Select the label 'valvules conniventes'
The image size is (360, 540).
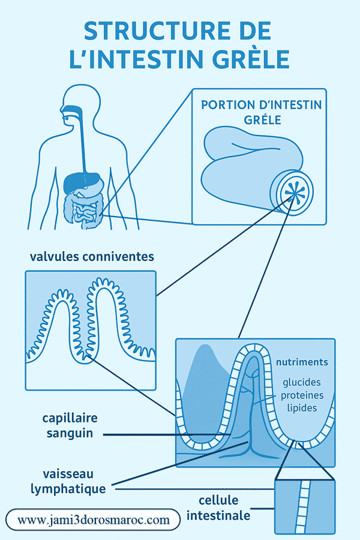pyautogui.click(x=92, y=257)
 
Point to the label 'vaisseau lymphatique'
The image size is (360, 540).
pyautogui.click(x=68, y=480)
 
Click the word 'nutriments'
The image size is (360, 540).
pyautogui.click(x=302, y=362)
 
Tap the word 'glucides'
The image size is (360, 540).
pyautogui.click(x=302, y=382)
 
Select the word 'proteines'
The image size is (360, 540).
pyautogui.click(x=302, y=395)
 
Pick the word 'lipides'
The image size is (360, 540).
pyautogui.click(x=302, y=407)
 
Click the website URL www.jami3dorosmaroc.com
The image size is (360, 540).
pyautogui.click(x=94, y=520)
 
